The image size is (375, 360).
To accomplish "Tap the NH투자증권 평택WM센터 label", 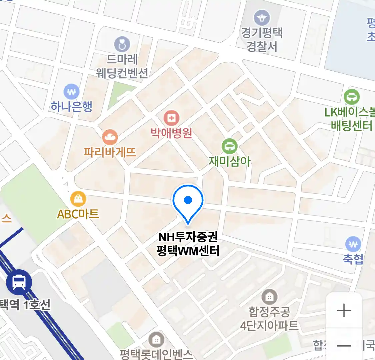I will coord(188,244).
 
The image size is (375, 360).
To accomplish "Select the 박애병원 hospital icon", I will coord(171,118).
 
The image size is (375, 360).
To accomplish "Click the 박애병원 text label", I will coord(171,133).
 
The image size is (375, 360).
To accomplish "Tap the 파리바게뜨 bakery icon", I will coord(110,137).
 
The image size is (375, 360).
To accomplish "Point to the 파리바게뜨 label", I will coord(110,152).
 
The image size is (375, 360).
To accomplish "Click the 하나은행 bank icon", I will coord(71,92).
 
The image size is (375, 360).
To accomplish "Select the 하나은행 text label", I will coord(71,107).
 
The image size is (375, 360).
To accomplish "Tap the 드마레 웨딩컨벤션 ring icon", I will coord(122,44).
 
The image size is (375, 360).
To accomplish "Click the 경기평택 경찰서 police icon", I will coord(262,18).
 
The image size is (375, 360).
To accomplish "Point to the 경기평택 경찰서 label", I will coord(262,39).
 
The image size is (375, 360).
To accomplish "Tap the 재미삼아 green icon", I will coord(229,146).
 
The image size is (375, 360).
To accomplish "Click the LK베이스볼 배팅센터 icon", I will coord(352,97).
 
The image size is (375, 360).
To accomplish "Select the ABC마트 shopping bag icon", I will coord(78,199).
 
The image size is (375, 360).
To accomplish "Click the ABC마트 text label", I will coord(78,214).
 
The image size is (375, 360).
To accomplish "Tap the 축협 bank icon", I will coord(353,244).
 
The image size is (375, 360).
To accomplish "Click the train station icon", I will coord(19,282).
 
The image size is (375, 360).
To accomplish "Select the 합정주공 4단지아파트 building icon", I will coord(269,297).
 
